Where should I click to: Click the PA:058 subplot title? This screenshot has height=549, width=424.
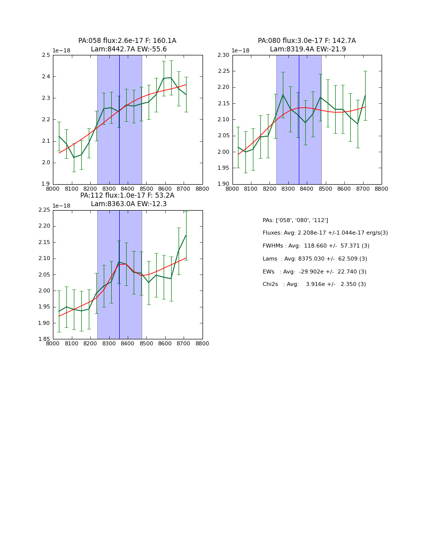pyautogui.click(x=127, y=45)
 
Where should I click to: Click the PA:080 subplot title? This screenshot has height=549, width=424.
pyautogui.click(x=307, y=45)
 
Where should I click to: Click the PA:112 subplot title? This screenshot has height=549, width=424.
pyautogui.click(x=127, y=200)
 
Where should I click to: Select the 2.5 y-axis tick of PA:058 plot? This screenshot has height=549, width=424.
pyautogui.click(x=45, y=55)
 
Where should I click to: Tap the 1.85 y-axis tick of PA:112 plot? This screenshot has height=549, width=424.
pyautogui.click(x=43, y=339)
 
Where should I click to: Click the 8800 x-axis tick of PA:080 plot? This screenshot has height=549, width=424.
pyautogui.click(x=382, y=189)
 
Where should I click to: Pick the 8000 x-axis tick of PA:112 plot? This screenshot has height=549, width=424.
pyautogui.click(x=53, y=343)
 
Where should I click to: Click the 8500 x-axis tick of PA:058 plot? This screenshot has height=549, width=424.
pyautogui.click(x=146, y=189)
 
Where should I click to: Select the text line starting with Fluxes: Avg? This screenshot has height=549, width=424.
pyautogui.click(x=325, y=233)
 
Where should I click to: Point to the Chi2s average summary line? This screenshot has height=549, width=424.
pyautogui.click(x=314, y=284)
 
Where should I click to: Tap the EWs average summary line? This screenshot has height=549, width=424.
pyautogui.click(x=314, y=272)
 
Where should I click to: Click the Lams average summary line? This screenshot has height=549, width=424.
pyautogui.click(x=315, y=259)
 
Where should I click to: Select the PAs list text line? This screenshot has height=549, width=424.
pyautogui.click(x=295, y=220)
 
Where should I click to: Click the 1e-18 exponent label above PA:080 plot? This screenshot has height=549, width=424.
pyautogui.click(x=240, y=51)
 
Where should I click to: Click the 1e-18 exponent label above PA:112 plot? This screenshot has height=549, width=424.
pyautogui.click(x=61, y=206)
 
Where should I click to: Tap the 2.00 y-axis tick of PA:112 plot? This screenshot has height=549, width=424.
pyautogui.click(x=43, y=291)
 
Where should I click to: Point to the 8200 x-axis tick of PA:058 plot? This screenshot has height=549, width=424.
pyautogui.click(x=90, y=189)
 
